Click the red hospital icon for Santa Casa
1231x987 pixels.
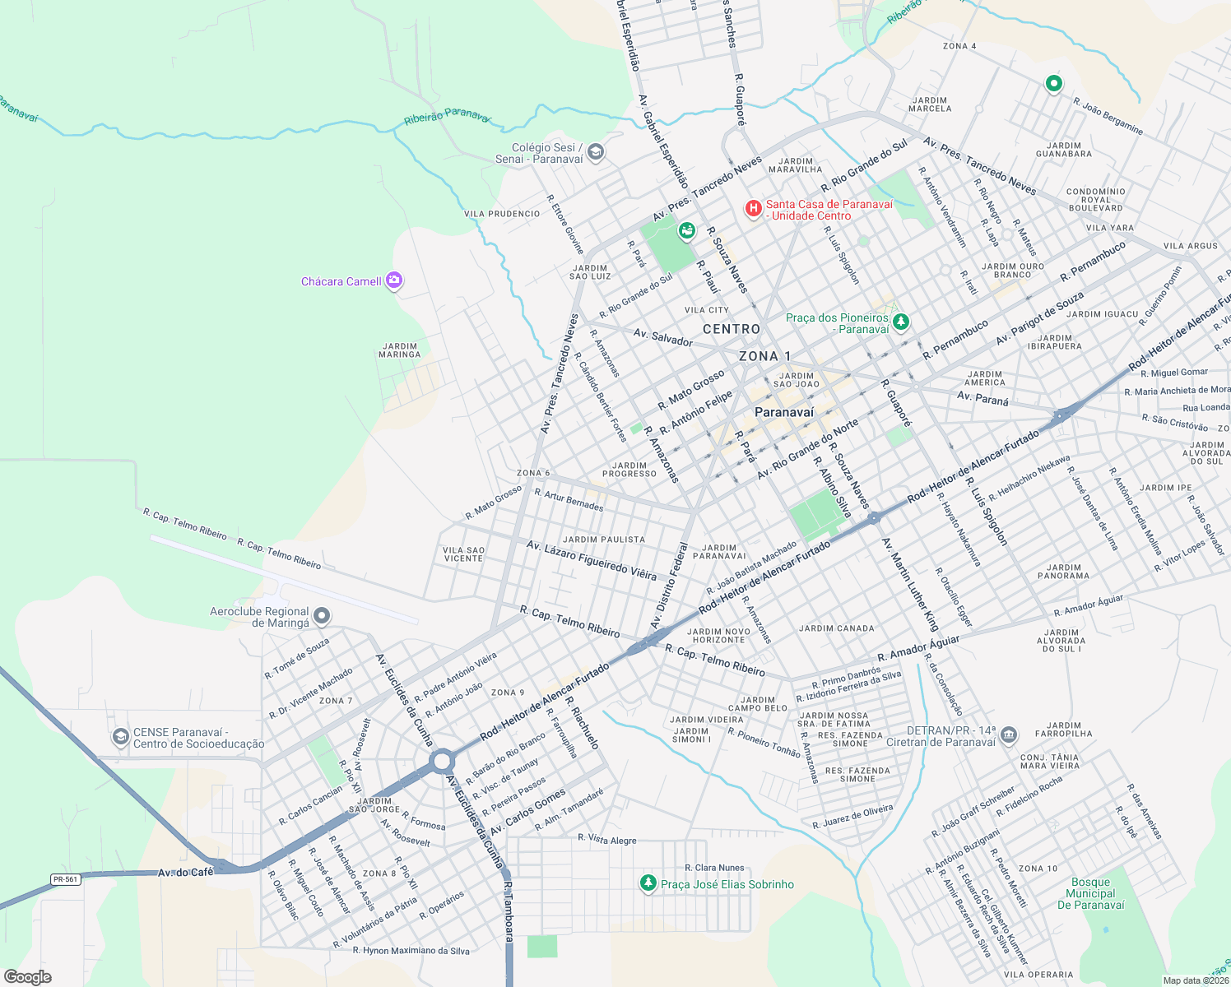753,209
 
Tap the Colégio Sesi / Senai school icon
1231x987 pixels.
596,152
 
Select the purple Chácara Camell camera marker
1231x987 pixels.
394,281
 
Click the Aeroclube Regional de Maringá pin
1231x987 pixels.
323,616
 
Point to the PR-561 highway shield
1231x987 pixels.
65,879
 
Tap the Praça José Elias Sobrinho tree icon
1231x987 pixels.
648,883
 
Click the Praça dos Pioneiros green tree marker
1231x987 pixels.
901,322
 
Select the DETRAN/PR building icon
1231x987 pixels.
1010,734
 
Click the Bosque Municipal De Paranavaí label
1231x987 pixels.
1090,894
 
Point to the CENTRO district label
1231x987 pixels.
732,329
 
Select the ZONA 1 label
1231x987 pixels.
764,356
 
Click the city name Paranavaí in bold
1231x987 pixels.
784,412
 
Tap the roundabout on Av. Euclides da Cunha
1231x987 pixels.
442,762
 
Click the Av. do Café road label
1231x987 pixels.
185,872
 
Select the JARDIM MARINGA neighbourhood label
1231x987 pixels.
400,350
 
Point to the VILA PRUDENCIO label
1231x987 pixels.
502,214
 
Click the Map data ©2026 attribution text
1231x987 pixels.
1195,980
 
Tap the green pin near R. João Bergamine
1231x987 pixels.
1053,84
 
